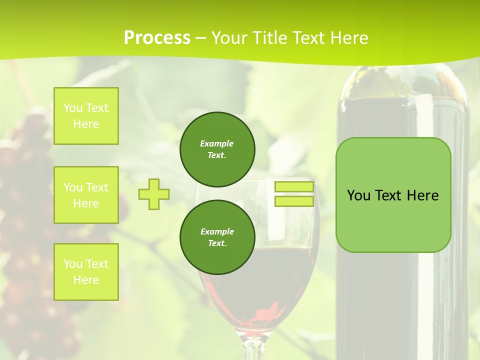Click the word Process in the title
157,38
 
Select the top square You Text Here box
86,116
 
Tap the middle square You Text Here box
86,195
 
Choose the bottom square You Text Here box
86,272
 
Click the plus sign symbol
153,194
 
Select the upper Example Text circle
217,149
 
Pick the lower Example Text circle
217,237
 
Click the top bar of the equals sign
294,187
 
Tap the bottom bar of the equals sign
294,201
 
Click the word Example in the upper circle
217,143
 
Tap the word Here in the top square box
86,124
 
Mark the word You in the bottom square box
73,264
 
